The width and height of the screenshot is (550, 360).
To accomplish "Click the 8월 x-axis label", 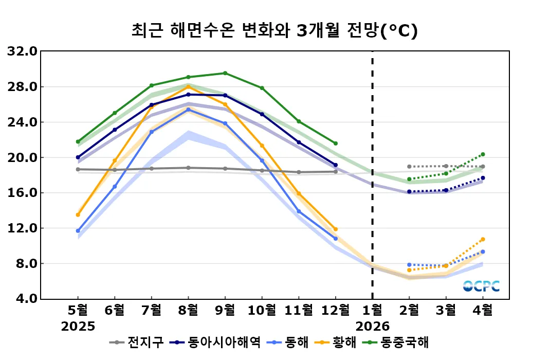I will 188,310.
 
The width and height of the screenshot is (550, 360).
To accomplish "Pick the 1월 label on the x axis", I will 372,310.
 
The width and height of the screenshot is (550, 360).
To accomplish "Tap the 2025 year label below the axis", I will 78,327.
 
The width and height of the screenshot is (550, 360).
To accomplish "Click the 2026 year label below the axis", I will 372,327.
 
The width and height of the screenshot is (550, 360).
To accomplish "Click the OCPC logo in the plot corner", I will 481,286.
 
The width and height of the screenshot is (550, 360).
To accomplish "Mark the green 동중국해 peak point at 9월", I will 225,73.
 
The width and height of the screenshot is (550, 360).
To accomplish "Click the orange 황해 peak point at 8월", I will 188,87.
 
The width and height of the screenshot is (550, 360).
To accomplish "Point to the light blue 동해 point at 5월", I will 78,231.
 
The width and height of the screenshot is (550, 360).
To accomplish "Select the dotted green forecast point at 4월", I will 483,154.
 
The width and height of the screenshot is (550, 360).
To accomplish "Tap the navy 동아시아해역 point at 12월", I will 335,165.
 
